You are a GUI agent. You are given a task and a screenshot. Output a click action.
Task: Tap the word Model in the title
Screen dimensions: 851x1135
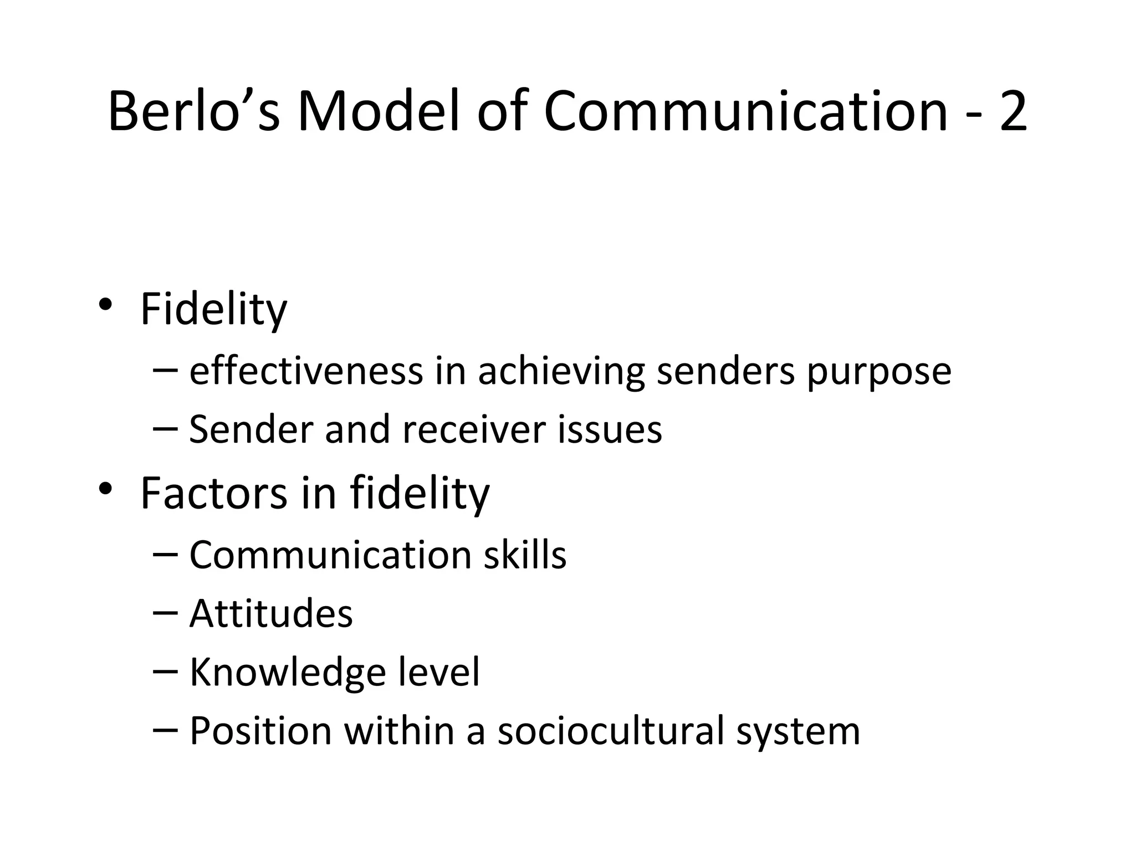click(379, 111)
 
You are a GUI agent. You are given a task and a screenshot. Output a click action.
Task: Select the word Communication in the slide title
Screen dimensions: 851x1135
click(746, 111)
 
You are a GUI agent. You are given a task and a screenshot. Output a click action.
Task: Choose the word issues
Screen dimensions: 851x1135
click(609, 429)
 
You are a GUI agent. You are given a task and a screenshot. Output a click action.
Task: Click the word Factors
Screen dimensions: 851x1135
click(213, 493)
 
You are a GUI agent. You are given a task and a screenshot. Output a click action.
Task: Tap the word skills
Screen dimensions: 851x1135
click(525, 555)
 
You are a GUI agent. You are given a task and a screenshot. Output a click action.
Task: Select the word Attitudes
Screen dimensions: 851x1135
click(271, 613)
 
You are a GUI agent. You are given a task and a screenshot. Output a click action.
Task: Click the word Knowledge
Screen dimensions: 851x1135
click(288, 672)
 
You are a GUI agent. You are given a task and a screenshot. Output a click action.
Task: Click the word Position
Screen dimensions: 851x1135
click(260, 731)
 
